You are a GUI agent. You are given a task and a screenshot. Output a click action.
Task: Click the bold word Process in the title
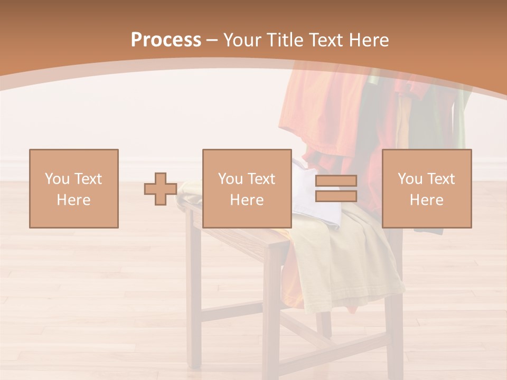coord(166,40)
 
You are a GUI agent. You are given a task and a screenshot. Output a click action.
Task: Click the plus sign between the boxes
coord(161,189)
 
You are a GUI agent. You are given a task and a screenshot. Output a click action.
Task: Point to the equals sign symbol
coord(336,188)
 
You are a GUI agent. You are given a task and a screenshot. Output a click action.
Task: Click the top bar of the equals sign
coord(336,181)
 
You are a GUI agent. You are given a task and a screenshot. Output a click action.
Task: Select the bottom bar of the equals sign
coord(336,196)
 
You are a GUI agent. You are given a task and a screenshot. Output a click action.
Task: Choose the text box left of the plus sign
coord(74,188)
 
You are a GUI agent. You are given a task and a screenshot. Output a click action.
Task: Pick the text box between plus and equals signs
coord(247,188)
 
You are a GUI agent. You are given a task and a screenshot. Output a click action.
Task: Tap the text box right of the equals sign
coord(427,188)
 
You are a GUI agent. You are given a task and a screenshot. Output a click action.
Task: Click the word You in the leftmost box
coord(56,178)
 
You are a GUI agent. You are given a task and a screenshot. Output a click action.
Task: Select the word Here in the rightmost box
coord(427,199)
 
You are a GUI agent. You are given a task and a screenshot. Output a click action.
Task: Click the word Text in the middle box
coord(260,178)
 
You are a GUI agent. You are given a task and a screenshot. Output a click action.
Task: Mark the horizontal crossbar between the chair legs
coord(232,311)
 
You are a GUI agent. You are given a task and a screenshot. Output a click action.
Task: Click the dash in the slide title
coord(212,40)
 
